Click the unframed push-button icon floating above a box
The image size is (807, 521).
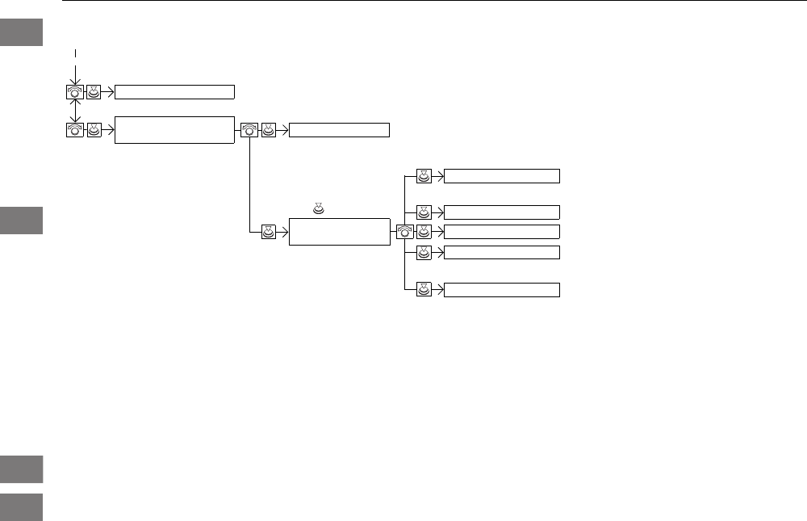click(x=318, y=210)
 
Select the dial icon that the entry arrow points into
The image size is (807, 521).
click(x=75, y=91)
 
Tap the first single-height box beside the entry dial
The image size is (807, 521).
click(x=174, y=91)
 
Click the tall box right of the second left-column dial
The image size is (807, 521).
click(x=174, y=129)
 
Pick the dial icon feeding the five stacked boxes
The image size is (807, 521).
click(x=405, y=232)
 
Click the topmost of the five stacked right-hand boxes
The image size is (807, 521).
click(x=502, y=176)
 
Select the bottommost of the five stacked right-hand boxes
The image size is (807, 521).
click(x=502, y=290)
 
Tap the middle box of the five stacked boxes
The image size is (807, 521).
click(x=502, y=232)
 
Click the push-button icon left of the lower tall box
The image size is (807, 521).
click(x=270, y=232)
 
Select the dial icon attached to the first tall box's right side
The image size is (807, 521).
click(x=249, y=129)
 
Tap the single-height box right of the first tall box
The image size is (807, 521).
click(x=339, y=129)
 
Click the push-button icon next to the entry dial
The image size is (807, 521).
click(x=94, y=91)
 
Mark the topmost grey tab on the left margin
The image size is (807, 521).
click(x=21, y=33)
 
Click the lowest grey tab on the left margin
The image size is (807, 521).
click(x=21, y=506)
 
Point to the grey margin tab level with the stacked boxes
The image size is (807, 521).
click(x=21, y=221)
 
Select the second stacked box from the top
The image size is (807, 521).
click(x=502, y=212)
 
